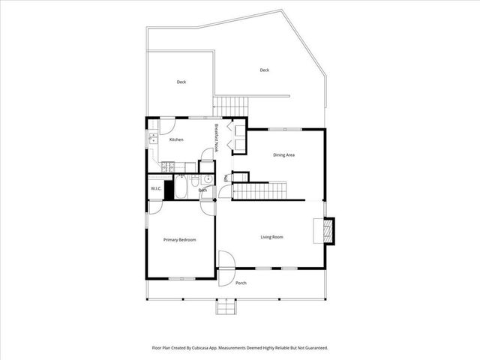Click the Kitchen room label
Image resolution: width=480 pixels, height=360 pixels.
[x=176, y=139]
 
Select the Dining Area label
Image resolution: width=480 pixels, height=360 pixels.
[x=283, y=154]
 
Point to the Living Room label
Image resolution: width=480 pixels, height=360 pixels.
[x=271, y=237]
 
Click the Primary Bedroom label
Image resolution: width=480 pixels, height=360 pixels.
[x=180, y=239]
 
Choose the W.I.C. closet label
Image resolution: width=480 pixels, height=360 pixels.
[x=156, y=188]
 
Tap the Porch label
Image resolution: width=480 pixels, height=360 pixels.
[x=241, y=283]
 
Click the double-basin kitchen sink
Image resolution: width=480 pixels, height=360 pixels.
[x=152, y=139]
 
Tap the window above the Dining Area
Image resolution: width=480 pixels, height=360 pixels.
[x=291, y=129]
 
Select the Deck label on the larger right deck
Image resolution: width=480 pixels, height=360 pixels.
[x=264, y=70]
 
